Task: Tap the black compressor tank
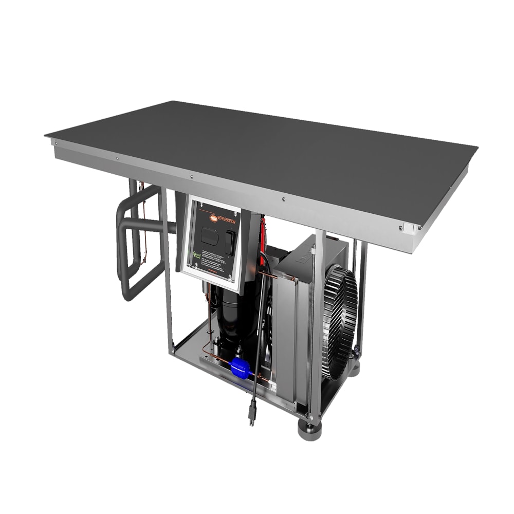231,319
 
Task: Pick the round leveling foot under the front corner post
308,429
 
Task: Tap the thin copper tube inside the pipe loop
144,226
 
